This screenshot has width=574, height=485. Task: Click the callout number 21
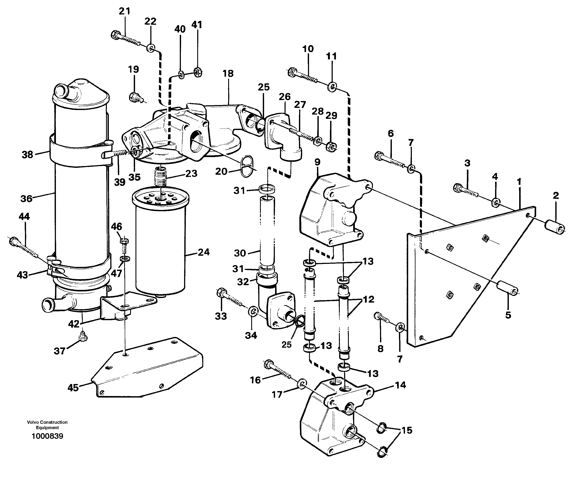point(124,11)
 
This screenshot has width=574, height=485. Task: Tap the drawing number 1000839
point(47,436)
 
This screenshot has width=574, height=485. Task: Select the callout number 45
point(73,388)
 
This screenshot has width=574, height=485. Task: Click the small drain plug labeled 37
point(83,336)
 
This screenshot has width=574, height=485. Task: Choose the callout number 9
point(317,162)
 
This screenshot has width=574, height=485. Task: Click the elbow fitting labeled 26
point(283,138)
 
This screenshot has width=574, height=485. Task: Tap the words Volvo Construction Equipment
point(47,425)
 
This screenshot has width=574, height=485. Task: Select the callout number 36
point(26,199)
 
